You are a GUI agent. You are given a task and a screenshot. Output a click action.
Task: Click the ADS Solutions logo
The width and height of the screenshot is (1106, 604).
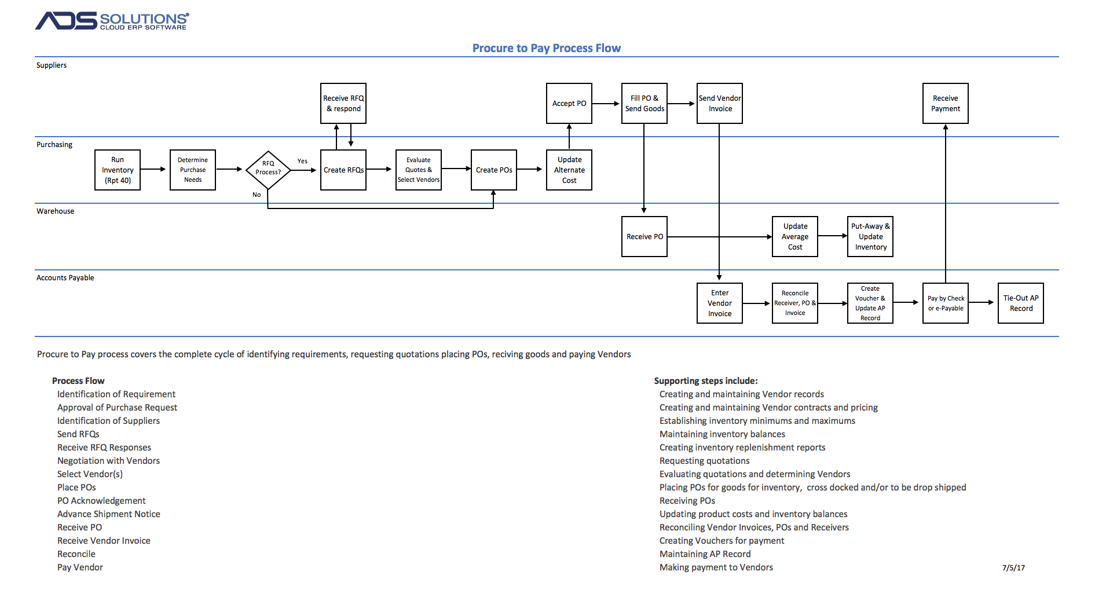pos(112,21)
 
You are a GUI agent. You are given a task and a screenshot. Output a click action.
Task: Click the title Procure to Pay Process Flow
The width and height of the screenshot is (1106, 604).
pos(546,48)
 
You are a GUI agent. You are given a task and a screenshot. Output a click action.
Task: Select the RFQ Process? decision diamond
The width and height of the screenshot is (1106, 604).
pos(268,170)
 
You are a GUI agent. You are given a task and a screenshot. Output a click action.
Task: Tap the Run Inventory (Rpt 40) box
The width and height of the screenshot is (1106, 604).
pos(118,170)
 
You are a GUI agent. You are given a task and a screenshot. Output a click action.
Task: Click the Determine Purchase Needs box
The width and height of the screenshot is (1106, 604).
pos(193,170)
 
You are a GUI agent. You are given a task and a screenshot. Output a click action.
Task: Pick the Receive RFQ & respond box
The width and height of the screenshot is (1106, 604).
pos(343,103)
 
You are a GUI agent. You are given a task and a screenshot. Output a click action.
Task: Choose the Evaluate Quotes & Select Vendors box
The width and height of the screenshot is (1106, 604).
pos(419,170)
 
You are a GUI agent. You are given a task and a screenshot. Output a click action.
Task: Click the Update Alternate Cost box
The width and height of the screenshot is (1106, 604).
pos(569,170)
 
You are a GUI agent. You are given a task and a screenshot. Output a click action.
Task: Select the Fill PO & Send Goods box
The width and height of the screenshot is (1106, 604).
pos(644,103)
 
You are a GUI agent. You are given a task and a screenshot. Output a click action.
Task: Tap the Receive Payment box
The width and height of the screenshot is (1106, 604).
pos(946,103)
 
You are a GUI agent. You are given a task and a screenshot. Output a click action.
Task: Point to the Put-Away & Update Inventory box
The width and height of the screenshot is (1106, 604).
pos(870,236)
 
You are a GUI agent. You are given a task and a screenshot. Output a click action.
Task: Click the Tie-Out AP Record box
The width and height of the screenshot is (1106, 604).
pos(1021,303)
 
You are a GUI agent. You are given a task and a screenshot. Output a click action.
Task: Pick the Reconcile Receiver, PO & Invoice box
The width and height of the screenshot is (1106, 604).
pos(795,303)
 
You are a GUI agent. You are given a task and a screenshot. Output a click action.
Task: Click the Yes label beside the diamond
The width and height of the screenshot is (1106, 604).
pos(302,161)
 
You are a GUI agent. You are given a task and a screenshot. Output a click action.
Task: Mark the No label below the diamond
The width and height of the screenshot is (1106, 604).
pos(257,195)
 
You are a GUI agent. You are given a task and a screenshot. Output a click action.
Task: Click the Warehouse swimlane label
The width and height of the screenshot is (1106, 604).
pos(56,211)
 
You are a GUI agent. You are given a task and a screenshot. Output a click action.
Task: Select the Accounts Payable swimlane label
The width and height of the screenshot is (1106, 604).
pos(65,277)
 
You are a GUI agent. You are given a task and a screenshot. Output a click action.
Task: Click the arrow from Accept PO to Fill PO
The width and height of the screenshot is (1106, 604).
pos(606,104)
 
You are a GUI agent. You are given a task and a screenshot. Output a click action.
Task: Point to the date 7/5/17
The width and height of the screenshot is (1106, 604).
pos(1013,568)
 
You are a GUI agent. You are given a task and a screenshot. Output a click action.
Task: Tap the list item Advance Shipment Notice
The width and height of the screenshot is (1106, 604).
pos(109,514)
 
